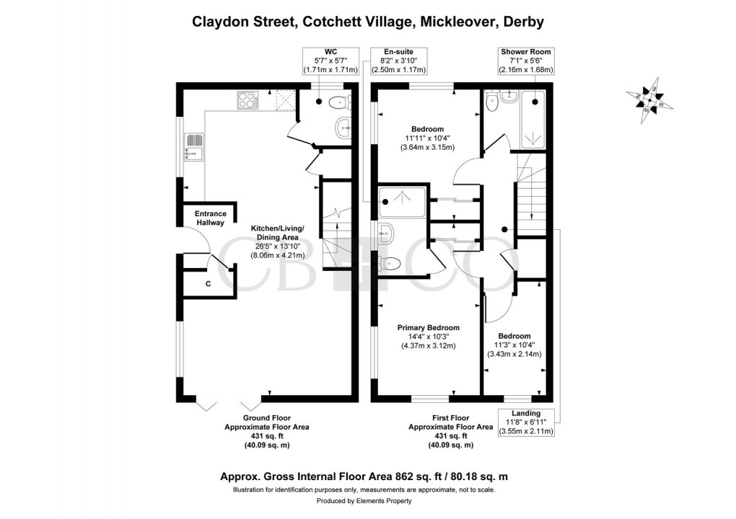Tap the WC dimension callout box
tap(330, 61)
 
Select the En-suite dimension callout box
tap(398, 61)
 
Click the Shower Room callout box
tap(526, 61)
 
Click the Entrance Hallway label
tap(211, 218)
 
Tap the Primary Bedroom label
tap(429, 337)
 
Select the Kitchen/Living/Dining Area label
tap(277, 241)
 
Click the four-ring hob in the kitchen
tap(246, 101)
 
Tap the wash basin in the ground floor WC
tap(343, 130)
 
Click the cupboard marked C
tap(209, 283)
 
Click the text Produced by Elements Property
tap(368, 501)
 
